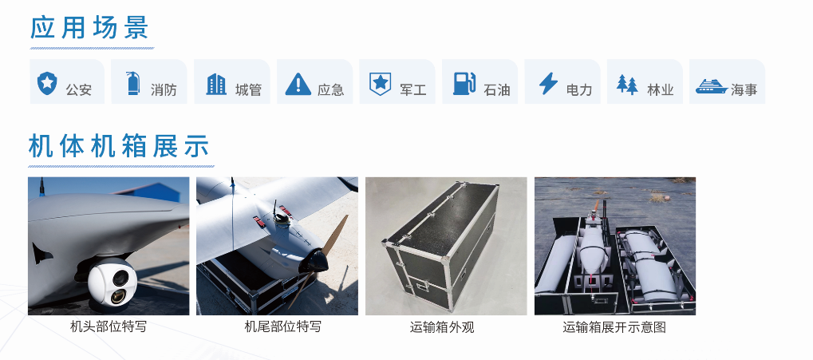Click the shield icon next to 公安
(47, 83)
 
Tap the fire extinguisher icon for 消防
(133, 83)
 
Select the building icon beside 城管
(216, 84)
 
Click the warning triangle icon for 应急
(298, 84)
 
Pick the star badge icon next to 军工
(380, 84)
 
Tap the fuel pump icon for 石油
(464, 84)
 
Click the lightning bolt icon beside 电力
(548, 83)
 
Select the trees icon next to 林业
(627, 84)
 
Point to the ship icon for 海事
(712, 86)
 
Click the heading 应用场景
(89, 27)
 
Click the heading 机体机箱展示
(119, 146)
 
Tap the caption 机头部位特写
(109, 326)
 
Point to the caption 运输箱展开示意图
(614, 327)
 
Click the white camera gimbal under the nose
(112, 283)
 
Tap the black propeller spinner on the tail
(314, 260)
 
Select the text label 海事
(744, 89)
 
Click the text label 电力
(579, 89)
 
